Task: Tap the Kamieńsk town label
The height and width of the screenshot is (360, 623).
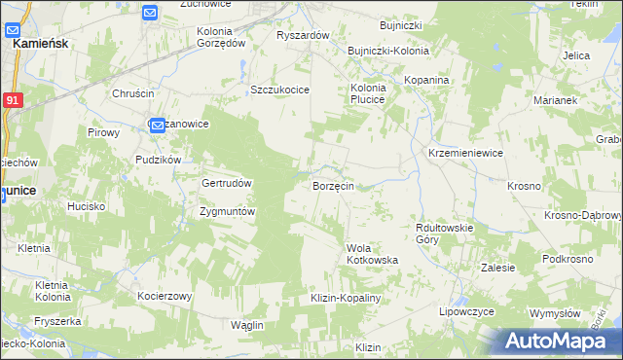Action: (x=39, y=44)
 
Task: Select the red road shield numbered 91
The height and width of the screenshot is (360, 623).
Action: (x=12, y=99)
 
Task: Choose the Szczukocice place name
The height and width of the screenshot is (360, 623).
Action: (x=279, y=90)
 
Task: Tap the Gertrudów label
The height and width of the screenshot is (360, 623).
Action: (x=227, y=183)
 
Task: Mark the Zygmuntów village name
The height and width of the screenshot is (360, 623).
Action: (x=227, y=211)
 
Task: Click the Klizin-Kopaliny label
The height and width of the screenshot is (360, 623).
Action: (x=345, y=298)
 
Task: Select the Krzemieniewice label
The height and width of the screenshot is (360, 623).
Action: (x=465, y=154)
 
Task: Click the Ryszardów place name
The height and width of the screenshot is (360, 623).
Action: (x=304, y=35)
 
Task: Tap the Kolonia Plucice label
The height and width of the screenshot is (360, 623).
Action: (x=368, y=92)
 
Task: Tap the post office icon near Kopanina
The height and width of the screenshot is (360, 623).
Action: (x=419, y=123)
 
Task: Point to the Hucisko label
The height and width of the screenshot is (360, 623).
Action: (x=86, y=206)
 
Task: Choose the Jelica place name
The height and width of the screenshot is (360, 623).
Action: (x=576, y=55)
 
